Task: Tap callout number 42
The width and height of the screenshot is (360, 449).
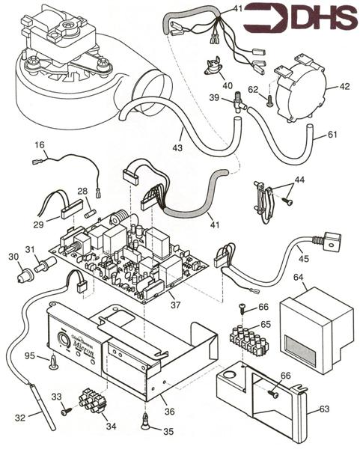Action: tap(345, 86)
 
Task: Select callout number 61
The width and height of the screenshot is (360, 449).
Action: tap(332, 135)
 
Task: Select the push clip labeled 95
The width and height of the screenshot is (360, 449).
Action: tap(54, 362)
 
